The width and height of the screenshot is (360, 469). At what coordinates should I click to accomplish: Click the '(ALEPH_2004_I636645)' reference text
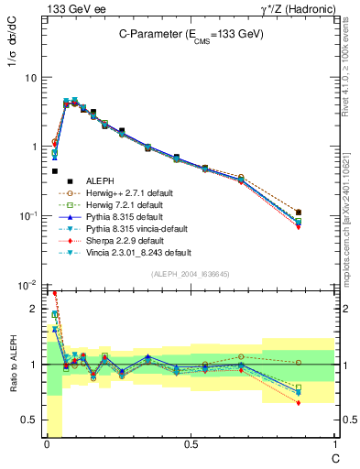190,274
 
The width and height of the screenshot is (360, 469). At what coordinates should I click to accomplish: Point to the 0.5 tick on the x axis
191,444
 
